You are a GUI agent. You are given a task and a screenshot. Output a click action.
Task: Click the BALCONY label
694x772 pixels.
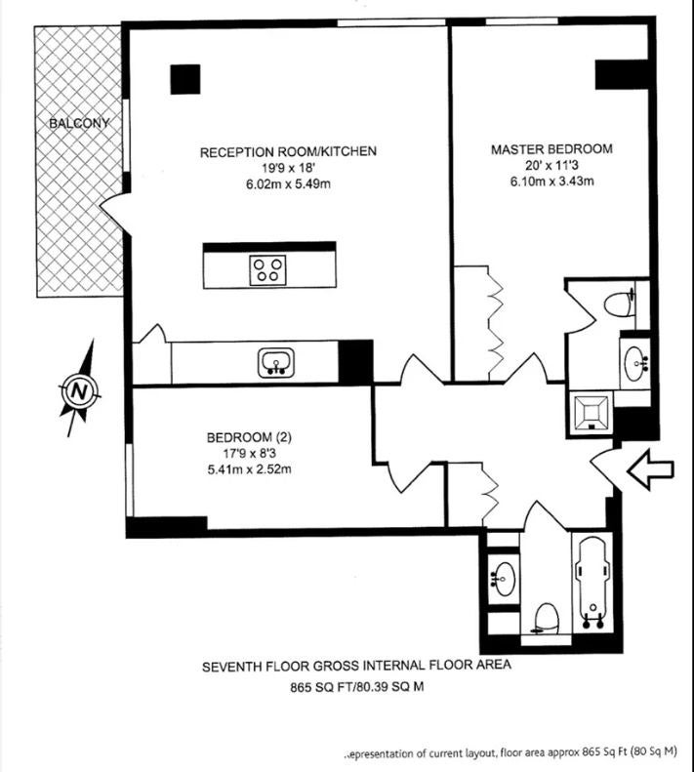coord(79,123)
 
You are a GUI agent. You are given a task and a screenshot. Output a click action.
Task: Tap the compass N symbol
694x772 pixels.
coord(79,391)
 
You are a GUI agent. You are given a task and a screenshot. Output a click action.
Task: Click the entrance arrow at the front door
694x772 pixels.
coord(650,469)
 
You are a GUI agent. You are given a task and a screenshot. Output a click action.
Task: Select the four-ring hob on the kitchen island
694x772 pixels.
coord(268,269)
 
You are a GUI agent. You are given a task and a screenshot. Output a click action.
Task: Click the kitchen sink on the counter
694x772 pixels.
coord(276,363)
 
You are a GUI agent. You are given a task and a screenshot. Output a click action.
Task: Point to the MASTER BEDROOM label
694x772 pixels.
coord(551,148)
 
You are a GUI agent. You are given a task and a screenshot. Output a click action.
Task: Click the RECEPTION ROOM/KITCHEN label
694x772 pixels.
coord(288,151)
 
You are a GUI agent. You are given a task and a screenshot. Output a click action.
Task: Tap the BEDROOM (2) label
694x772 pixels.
coord(249,437)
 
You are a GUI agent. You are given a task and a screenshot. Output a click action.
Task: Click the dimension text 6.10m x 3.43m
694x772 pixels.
coord(551,182)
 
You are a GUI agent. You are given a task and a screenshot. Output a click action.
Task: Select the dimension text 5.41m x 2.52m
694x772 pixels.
coord(249,469)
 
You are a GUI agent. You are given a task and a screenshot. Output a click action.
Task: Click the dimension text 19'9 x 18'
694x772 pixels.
coord(288,169)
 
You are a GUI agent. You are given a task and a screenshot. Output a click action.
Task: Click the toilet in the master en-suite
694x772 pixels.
coord(618,305)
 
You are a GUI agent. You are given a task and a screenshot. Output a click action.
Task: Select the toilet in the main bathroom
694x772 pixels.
coord(546,620)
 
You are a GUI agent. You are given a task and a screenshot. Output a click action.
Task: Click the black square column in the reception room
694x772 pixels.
coord(185,79)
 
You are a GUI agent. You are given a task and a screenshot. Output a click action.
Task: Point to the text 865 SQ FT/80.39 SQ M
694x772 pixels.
coord(356,687)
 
